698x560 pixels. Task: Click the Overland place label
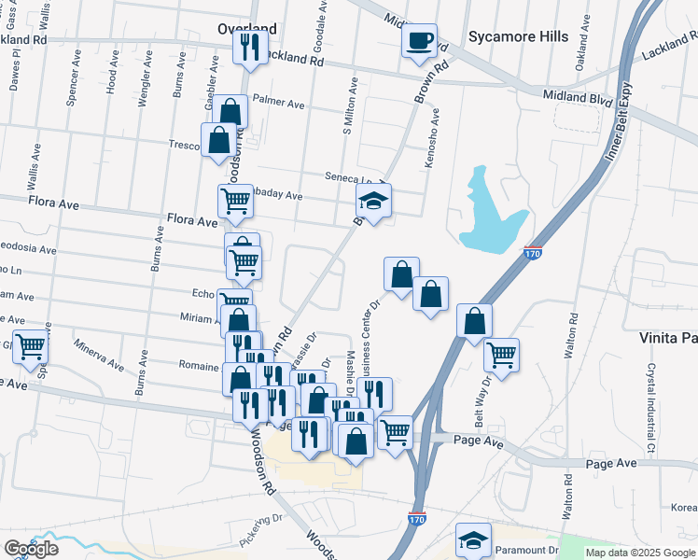[x=246, y=29]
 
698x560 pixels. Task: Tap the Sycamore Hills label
[x=518, y=36]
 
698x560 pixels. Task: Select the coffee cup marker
[x=419, y=41]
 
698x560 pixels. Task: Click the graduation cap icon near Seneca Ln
[x=373, y=201]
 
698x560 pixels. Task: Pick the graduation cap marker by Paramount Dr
[x=473, y=540]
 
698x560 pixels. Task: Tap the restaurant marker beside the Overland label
[x=249, y=47]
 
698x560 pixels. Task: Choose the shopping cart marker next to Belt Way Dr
[x=502, y=355]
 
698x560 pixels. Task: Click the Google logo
[x=31, y=548]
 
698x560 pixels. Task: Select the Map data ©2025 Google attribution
[x=641, y=553]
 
